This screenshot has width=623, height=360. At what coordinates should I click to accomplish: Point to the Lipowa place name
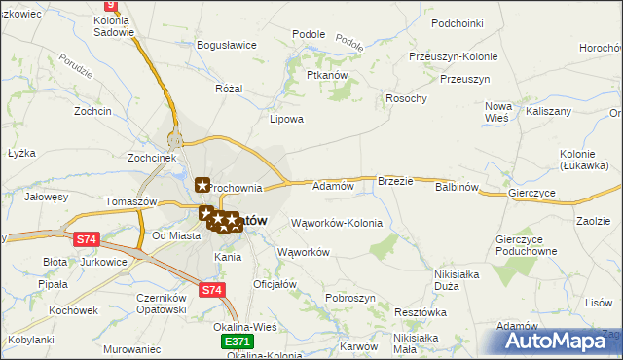pos(286,120)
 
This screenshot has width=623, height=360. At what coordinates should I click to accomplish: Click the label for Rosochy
pos(406,98)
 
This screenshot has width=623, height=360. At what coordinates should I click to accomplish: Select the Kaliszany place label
pos(548,112)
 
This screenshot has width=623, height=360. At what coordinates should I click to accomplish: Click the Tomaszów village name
pos(110,201)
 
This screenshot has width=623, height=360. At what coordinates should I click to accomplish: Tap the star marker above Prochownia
pos(202,183)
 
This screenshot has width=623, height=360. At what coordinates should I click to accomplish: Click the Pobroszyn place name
pos(350,297)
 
